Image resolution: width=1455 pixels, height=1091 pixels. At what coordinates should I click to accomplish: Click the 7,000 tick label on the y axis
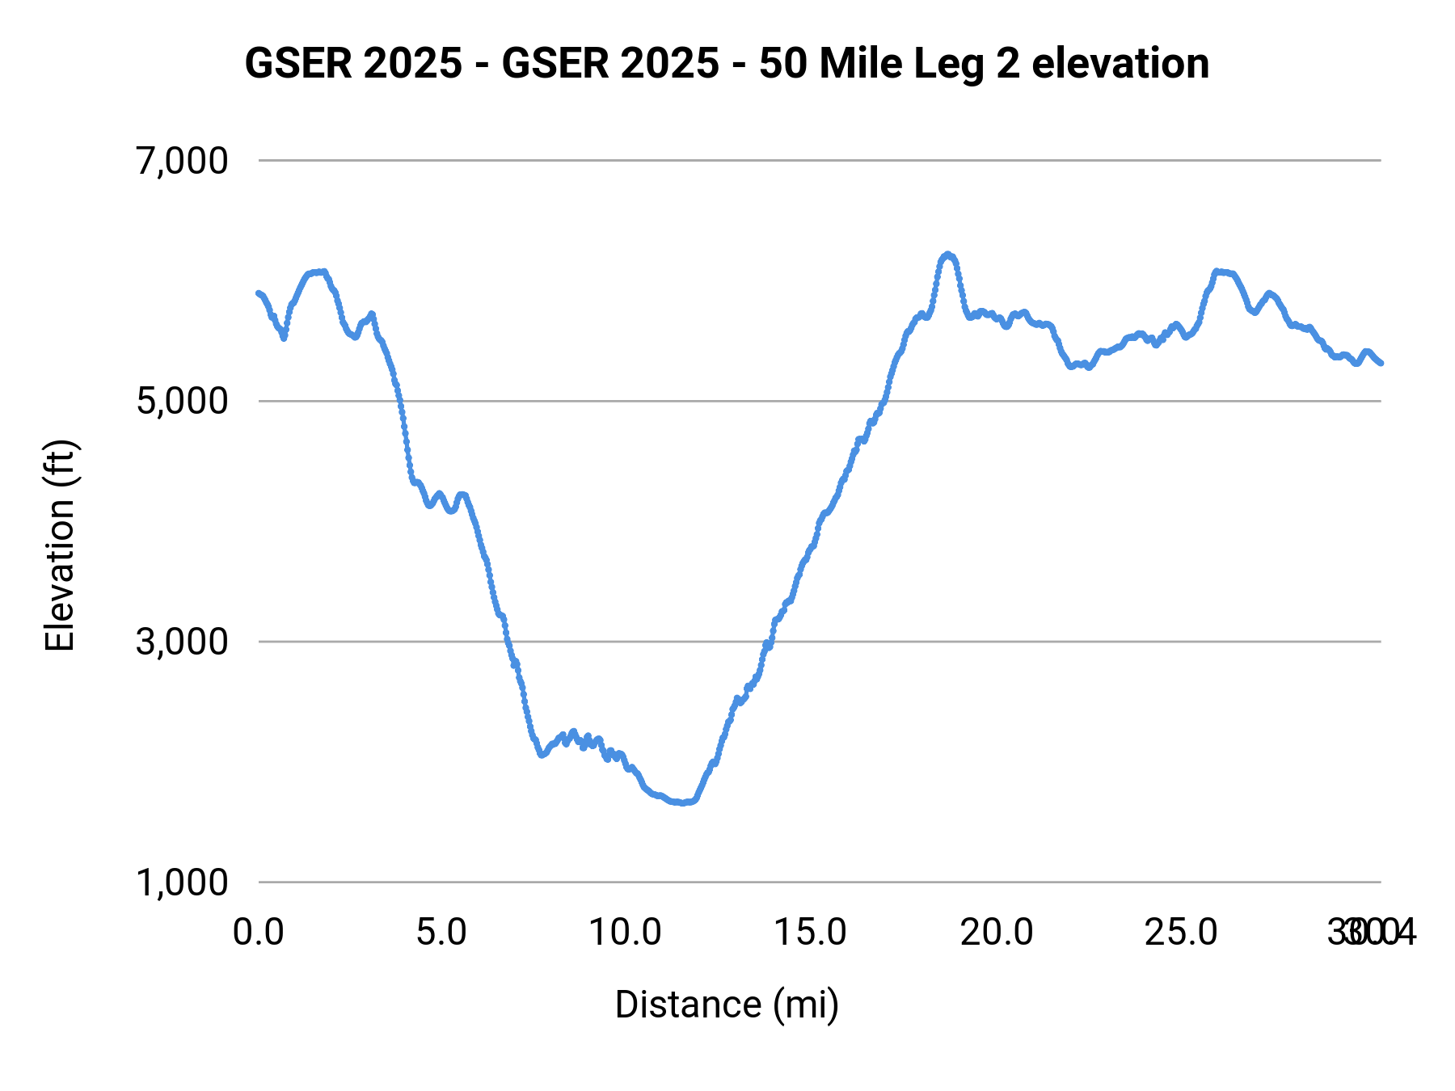pos(182,162)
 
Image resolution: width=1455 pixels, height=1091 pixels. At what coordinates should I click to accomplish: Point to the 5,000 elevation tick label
pos(182,402)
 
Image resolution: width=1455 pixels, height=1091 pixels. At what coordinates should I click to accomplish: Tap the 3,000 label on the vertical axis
pos(182,642)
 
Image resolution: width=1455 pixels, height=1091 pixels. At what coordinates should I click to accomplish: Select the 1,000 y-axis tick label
pos(182,882)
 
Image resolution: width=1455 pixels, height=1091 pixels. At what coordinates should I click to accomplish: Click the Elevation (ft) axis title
pos(60,545)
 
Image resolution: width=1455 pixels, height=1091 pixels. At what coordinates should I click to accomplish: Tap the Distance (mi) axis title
pos(727,1005)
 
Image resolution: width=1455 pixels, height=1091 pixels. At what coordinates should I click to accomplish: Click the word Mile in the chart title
pos(860,64)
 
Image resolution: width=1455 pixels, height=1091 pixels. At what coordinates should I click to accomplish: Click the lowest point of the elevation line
pos(684,802)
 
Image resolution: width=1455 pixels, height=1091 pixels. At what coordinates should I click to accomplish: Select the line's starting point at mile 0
pos(259,293)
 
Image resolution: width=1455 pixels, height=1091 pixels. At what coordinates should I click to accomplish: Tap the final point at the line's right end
pos(1381,363)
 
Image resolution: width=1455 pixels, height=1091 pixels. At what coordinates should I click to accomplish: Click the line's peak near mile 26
pos(1217,272)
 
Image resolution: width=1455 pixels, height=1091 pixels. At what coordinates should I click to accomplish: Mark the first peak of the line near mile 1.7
pos(323,272)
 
